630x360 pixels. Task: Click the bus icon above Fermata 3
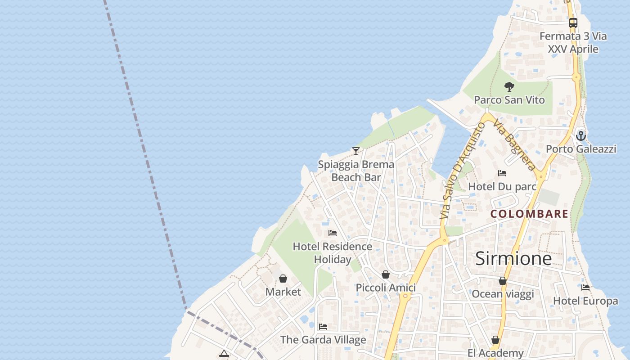pyautogui.click(x=573, y=22)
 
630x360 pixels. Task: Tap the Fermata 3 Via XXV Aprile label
pyautogui.click(x=573, y=43)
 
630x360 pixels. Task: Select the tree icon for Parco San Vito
pyautogui.click(x=509, y=86)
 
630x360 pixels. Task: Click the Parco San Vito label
pyautogui.click(x=509, y=100)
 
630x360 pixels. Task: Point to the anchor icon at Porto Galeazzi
pyautogui.click(x=581, y=135)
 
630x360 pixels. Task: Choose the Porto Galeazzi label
pyautogui.click(x=581, y=149)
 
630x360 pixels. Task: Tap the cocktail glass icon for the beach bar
pyautogui.click(x=356, y=151)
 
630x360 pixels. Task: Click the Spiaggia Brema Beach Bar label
pyautogui.click(x=356, y=171)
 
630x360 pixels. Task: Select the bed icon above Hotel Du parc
pyautogui.click(x=502, y=173)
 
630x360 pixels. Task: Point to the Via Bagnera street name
pyautogui.click(x=514, y=145)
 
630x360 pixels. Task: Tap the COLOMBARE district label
pyautogui.click(x=529, y=214)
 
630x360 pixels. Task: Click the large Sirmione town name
pyautogui.click(x=513, y=258)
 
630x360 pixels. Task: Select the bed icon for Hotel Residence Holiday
pyautogui.click(x=333, y=233)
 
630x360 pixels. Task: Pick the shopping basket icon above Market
pyautogui.click(x=283, y=279)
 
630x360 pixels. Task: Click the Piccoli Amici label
pyautogui.click(x=386, y=288)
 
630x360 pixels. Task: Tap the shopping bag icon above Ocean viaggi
pyautogui.click(x=503, y=281)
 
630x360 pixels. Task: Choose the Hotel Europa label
pyautogui.click(x=585, y=301)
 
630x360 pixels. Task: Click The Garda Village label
pyautogui.click(x=323, y=340)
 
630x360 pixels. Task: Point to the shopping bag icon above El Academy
pyautogui.click(x=495, y=340)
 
